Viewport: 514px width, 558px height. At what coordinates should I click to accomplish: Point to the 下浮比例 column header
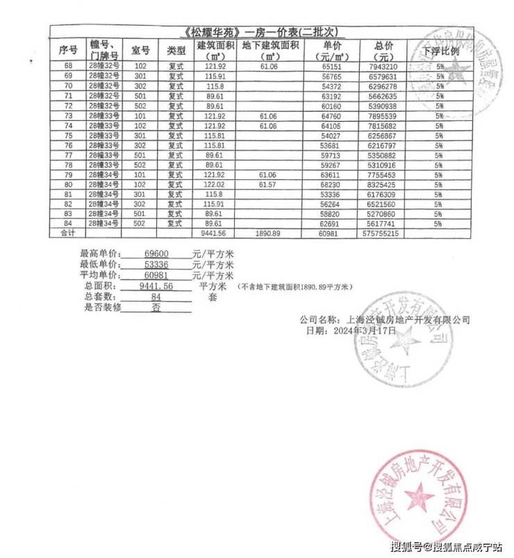pyautogui.click(x=440, y=51)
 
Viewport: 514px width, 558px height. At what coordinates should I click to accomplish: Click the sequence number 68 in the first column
pyautogui.click(x=68, y=65)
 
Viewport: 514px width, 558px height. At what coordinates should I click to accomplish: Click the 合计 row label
pyautogui.click(x=67, y=234)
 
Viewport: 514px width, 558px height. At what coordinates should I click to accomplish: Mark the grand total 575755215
pyautogui.click(x=381, y=234)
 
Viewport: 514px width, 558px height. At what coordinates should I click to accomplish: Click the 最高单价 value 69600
pyautogui.click(x=155, y=255)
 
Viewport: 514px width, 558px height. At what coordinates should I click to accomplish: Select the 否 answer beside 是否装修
pyautogui.click(x=156, y=307)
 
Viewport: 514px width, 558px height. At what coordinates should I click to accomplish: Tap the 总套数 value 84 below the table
pyautogui.click(x=156, y=297)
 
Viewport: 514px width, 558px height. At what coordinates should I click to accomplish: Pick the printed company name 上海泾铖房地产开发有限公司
pyautogui.click(x=408, y=320)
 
